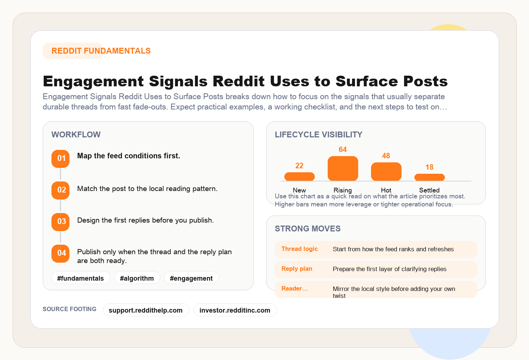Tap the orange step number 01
[x=61, y=159]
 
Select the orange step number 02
[x=61, y=190]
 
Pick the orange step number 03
[x=61, y=222]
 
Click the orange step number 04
[x=61, y=253]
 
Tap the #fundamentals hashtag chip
[x=80, y=278]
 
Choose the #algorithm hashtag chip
[x=137, y=278]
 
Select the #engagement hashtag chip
[x=191, y=278]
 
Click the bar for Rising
[x=343, y=169]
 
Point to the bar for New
[x=299, y=177]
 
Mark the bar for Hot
[x=386, y=172]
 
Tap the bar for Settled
[x=429, y=177]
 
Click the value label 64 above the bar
[x=343, y=150]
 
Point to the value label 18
[x=429, y=167]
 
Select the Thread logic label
[x=299, y=249]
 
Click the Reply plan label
[x=296, y=269]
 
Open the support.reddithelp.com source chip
[x=146, y=310]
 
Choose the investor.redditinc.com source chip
[x=235, y=310]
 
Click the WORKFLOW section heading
[x=76, y=134]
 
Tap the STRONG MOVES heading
[x=307, y=228]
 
